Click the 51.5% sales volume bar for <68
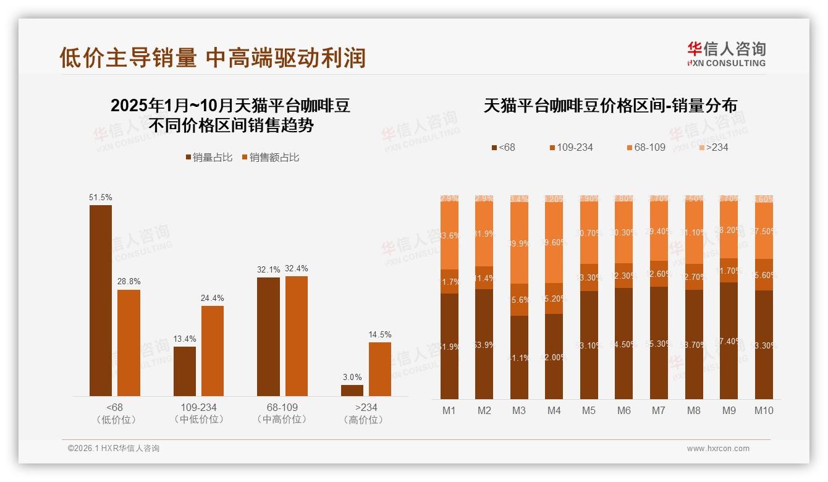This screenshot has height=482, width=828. (101, 300)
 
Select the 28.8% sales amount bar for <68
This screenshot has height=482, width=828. (129, 343)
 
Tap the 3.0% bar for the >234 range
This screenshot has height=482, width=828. (352, 391)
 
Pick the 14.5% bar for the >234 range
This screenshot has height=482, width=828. (380, 369)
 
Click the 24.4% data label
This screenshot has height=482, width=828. (212, 298)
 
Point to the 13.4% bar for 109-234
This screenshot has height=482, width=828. (185, 371)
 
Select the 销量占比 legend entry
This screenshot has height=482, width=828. (209, 158)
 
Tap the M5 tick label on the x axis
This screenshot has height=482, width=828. (589, 410)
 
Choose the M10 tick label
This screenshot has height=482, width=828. (764, 410)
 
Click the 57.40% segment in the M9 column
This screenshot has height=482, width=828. (729, 340)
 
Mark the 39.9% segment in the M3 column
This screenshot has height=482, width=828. (520, 243)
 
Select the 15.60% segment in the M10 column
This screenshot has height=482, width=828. (764, 274)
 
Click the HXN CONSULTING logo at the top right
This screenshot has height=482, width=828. (726, 54)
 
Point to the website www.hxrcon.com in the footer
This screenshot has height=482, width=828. (718, 449)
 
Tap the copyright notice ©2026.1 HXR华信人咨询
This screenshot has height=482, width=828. (114, 449)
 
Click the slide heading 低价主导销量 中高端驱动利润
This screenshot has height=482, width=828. (213, 58)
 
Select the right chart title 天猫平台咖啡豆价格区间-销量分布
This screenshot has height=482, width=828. (610, 106)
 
